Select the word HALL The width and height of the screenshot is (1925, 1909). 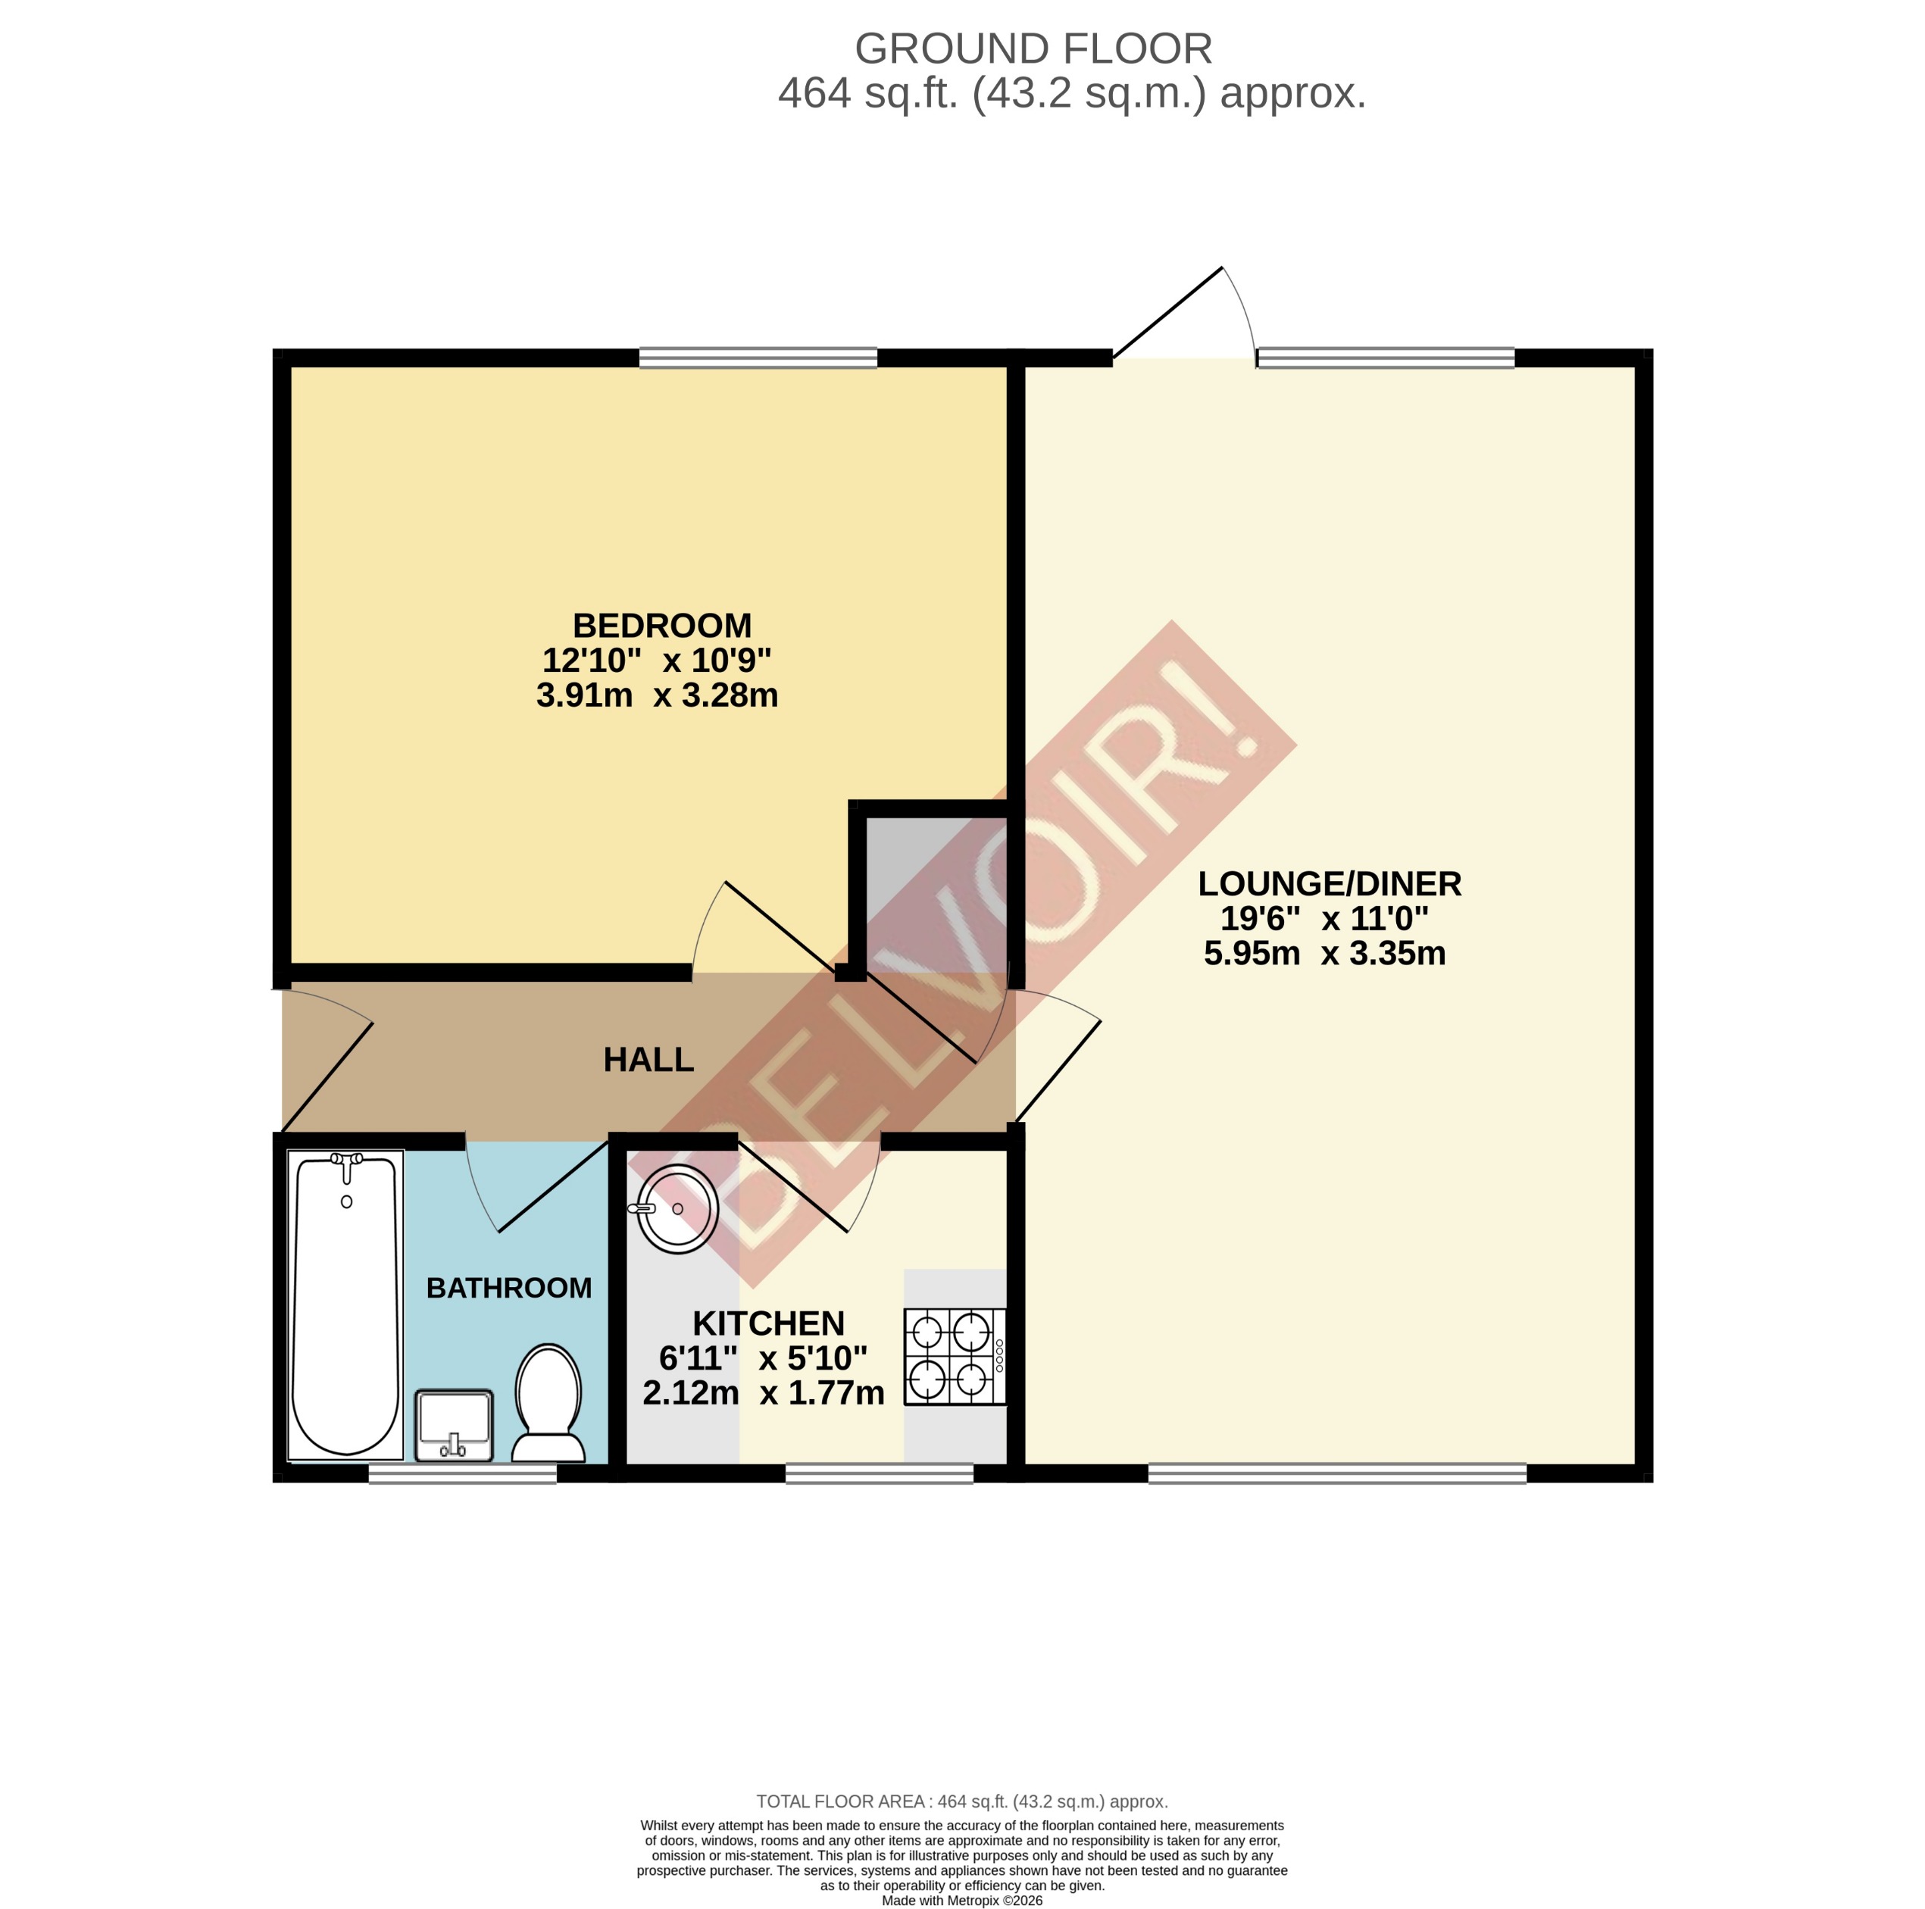click(648, 1060)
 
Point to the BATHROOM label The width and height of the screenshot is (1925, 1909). click(508, 1289)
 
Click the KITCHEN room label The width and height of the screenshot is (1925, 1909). click(768, 1323)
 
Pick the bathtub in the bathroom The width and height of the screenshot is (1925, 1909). click(345, 1305)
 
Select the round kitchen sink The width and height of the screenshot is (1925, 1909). click(677, 1208)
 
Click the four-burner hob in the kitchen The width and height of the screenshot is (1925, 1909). click(954, 1356)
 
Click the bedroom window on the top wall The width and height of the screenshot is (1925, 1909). click(758, 358)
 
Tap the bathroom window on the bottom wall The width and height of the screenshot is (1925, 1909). click(462, 1473)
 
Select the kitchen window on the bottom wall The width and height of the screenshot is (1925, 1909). click(879, 1473)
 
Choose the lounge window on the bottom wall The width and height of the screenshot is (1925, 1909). click(1336, 1473)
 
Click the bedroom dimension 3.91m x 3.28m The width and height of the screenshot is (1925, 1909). click(657, 695)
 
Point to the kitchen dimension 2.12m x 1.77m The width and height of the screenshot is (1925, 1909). click(763, 1393)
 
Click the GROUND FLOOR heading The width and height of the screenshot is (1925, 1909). click(1033, 48)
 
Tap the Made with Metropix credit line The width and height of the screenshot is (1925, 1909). click(961, 1900)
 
